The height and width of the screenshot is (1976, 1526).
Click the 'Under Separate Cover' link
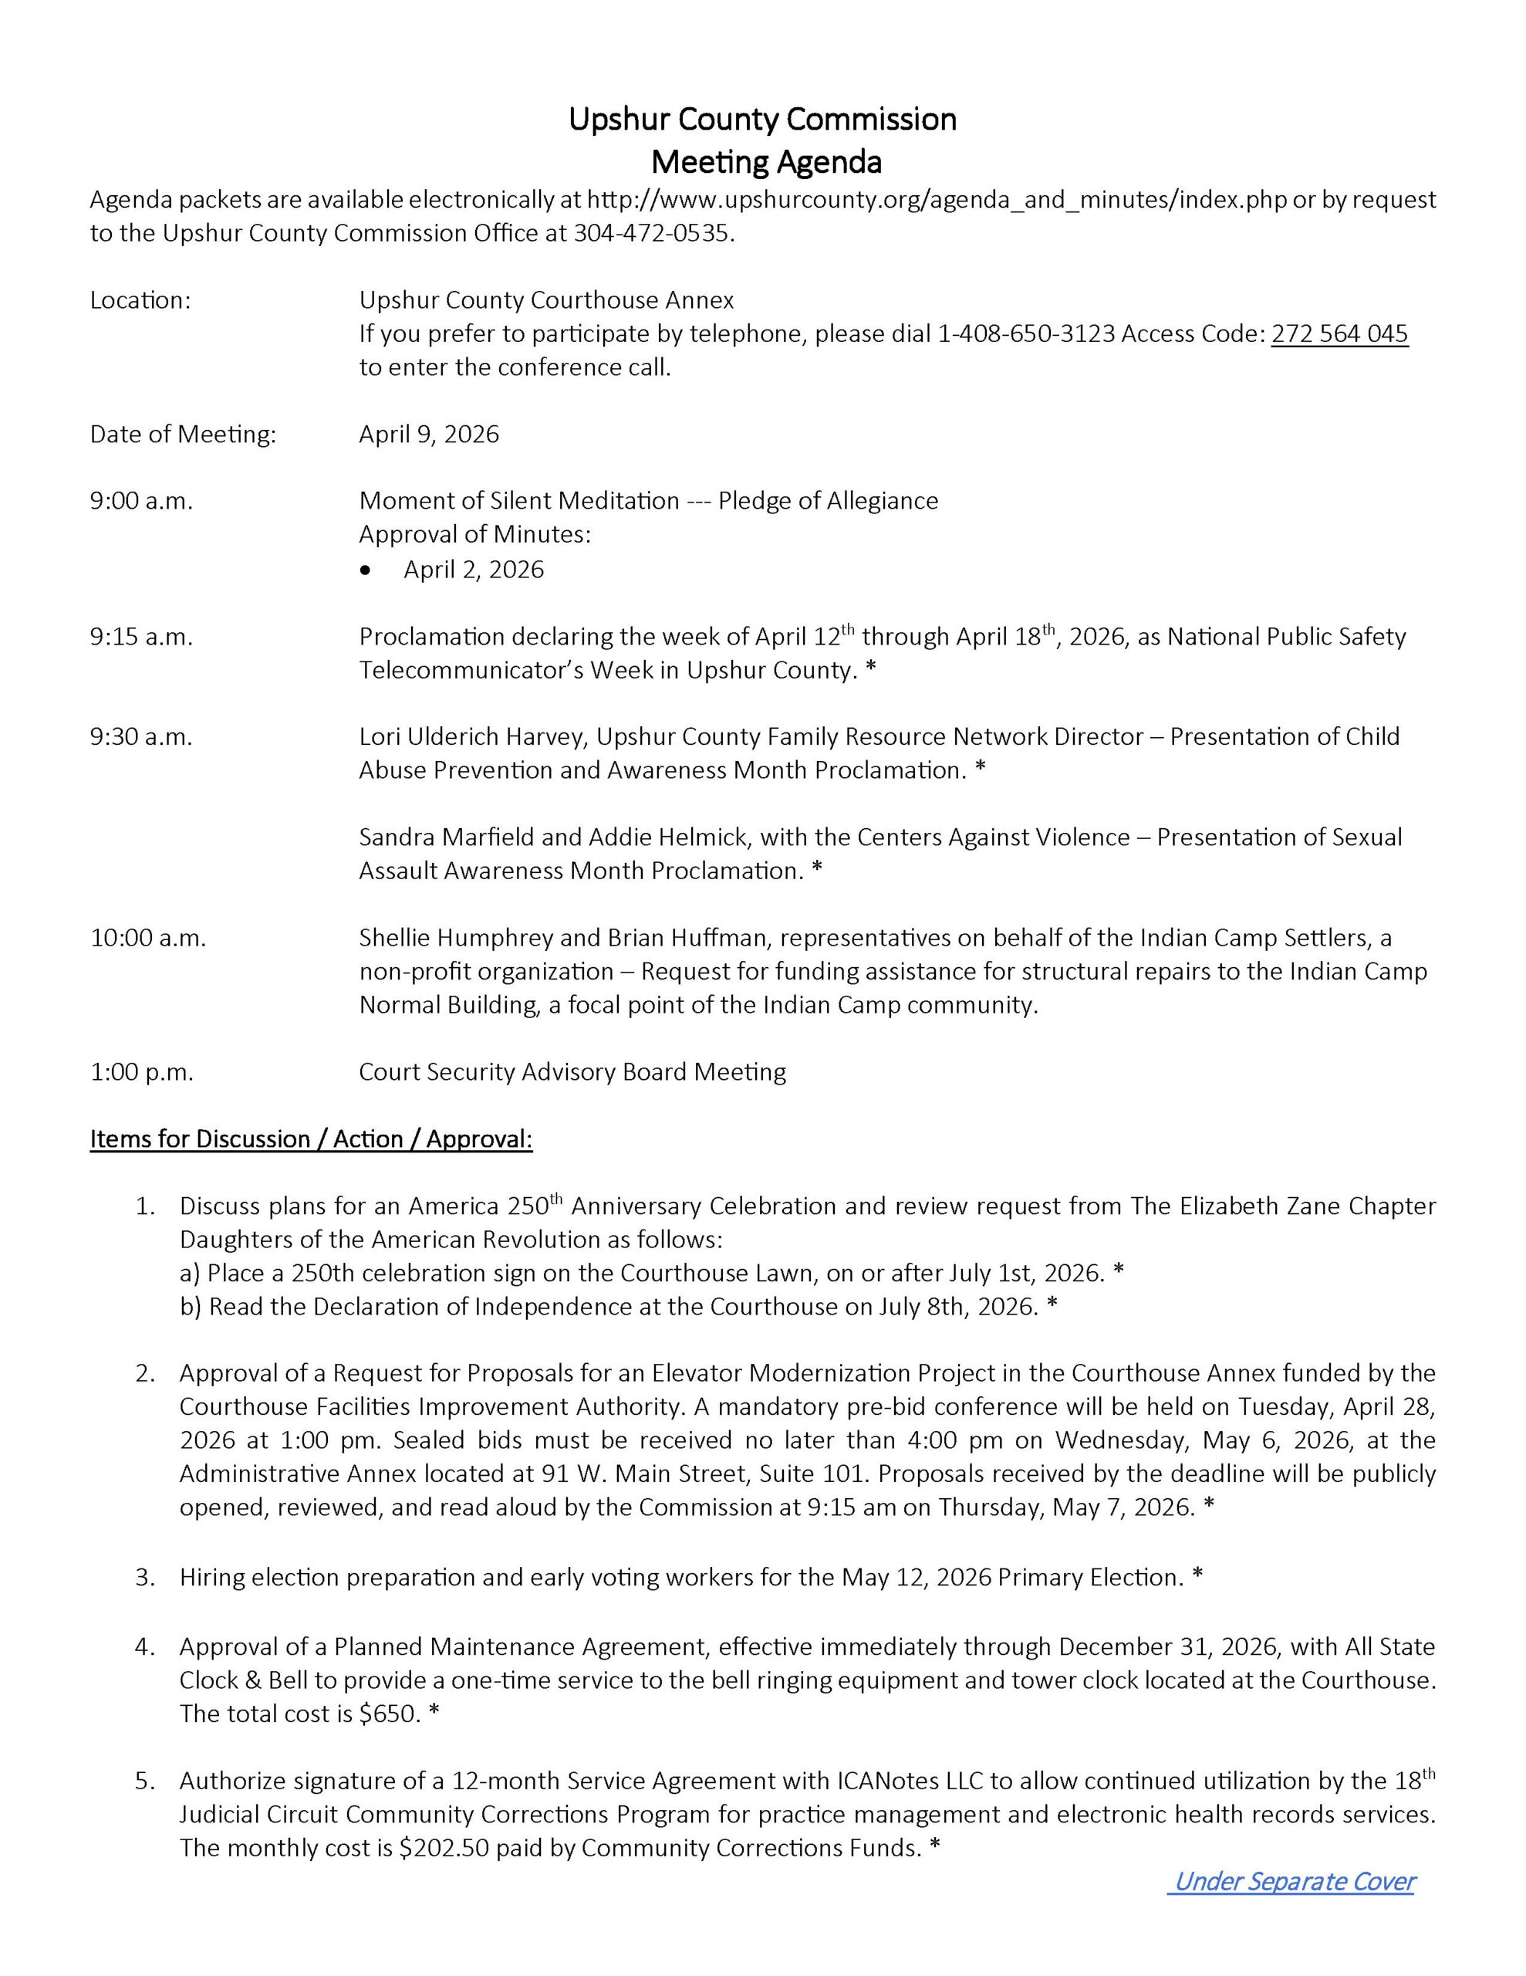(1292, 1882)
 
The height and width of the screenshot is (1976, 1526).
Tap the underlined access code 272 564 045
(1339, 334)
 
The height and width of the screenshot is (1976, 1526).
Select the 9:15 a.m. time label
(141, 637)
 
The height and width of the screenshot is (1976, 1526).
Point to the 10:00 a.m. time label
(147, 939)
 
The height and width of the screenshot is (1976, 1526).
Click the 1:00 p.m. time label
(141, 1072)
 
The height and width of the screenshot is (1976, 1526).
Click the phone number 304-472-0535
(650, 233)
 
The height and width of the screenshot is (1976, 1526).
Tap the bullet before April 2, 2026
(366, 570)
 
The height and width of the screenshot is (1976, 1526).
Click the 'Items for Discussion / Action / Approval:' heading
(311, 1139)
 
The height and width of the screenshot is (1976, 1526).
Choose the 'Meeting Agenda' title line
(766, 163)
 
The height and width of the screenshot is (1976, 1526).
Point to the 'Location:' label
(140, 300)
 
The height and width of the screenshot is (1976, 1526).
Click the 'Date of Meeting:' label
(183, 435)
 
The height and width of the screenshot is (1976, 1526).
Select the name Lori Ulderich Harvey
(472, 736)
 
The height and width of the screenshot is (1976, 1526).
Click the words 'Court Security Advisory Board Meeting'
(572, 1072)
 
